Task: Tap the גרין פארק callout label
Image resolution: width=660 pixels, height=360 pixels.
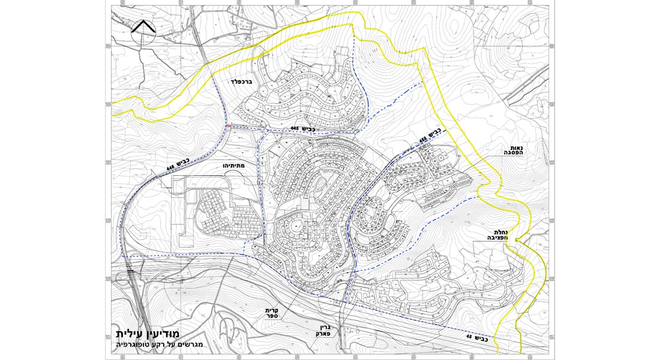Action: (x=323, y=328)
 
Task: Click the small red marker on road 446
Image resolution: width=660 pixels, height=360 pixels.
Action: (x=229, y=125)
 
